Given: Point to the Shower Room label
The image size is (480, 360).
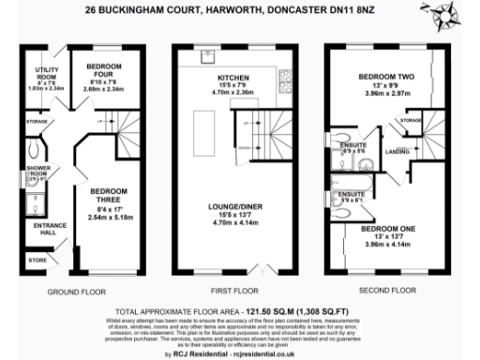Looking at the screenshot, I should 37,172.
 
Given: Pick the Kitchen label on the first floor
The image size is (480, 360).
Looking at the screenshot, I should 231,78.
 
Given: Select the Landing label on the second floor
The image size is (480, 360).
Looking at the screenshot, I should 397,151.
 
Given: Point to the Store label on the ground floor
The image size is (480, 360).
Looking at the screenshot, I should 37,259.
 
